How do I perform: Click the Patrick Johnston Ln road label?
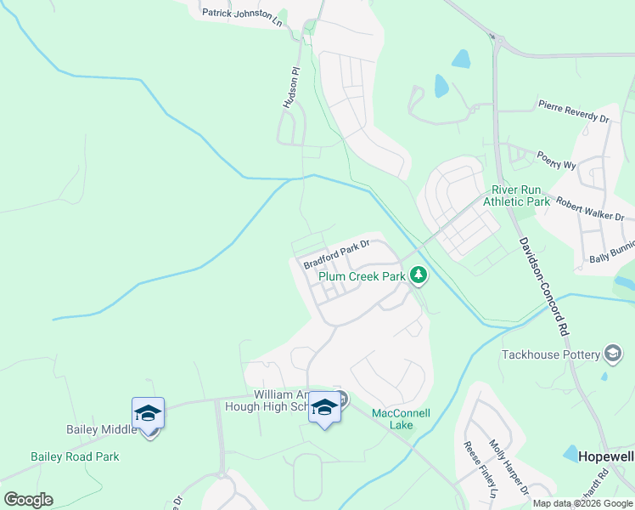click(242, 15)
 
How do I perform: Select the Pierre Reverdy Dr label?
click(574, 111)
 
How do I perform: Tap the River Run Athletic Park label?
click(516, 196)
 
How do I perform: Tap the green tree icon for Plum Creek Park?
click(418, 275)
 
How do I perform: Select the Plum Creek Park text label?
click(362, 276)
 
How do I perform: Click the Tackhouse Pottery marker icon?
click(613, 354)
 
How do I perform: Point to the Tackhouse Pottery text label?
click(550, 354)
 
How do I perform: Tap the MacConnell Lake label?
click(401, 418)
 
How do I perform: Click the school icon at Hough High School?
click(324, 407)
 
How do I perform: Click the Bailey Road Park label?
click(75, 456)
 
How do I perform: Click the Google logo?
click(28, 500)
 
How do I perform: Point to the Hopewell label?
click(606, 456)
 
